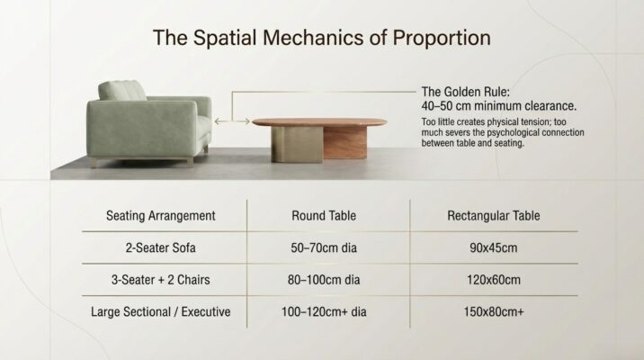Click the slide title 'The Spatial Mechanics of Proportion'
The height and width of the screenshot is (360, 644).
coord(321,38)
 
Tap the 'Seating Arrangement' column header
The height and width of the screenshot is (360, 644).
coord(161,216)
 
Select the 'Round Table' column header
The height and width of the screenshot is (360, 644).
coord(324,216)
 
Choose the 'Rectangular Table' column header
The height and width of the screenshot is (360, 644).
coord(494,216)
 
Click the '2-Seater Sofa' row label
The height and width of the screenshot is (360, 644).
coord(161,247)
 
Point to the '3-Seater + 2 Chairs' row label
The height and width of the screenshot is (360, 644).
coord(161,280)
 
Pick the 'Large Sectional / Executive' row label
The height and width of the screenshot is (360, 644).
coord(161,312)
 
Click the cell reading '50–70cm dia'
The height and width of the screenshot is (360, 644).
coord(324,247)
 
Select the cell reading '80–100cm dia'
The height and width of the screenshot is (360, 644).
coord(324,280)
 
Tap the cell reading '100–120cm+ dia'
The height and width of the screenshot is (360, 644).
coord(324,312)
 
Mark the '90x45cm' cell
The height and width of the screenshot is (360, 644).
coord(494,247)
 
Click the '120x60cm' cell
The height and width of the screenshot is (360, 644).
coord(494,280)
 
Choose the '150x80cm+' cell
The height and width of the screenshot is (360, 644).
coord(494,312)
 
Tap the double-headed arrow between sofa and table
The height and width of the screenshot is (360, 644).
coord(232,120)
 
